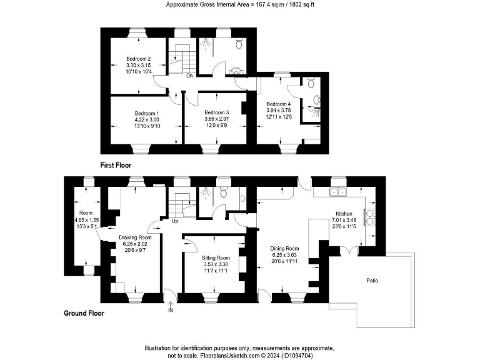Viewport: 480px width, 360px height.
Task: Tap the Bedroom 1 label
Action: click(x=147, y=112)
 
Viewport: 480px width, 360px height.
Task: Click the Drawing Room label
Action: click(x=136, y=237)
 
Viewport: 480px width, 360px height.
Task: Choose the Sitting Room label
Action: click(x=216, y=257)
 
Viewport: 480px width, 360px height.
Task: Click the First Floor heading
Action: click(x=116, y=165)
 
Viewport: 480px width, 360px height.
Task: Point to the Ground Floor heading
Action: click(x=84, y=313)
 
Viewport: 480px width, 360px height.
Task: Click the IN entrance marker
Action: click(x=170, y=309)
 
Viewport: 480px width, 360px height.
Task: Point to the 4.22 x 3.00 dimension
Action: click(x=147, y=119)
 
